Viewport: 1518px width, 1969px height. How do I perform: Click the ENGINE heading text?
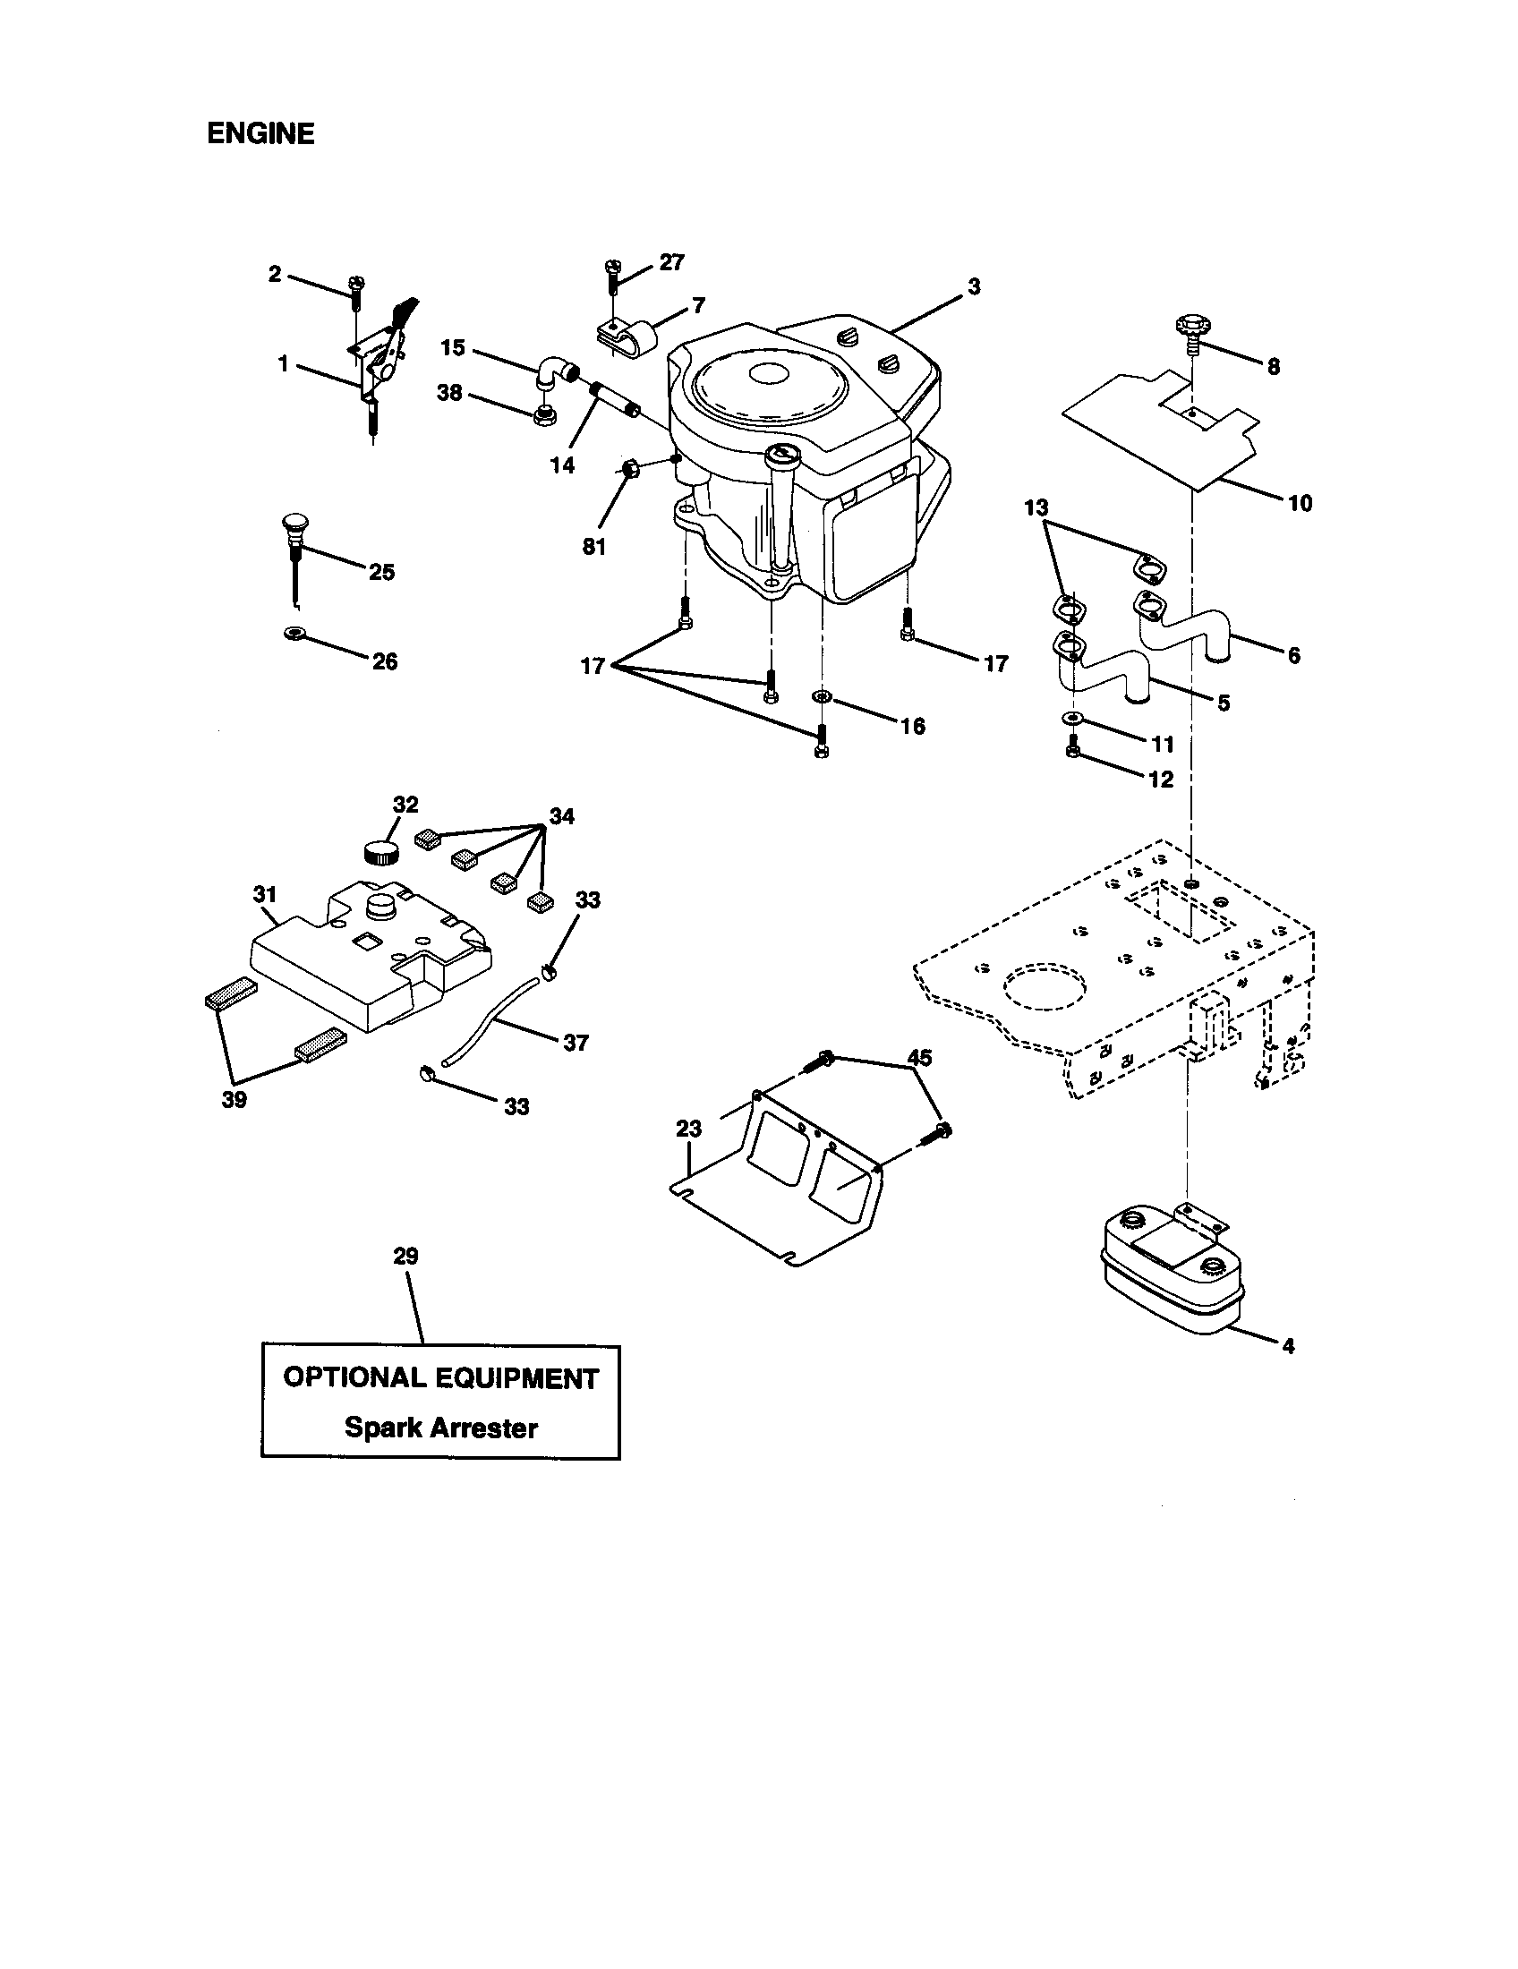(x=260, y=133)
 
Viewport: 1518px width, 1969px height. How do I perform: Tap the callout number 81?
(x=594, y=546)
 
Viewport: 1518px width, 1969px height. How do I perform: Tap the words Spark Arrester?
(x=440, y=1428)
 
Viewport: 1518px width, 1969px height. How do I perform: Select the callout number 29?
(x=405, y=1256)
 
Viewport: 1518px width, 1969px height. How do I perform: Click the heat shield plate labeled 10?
(x=1163, y=433)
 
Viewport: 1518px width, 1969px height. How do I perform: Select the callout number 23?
(x=688, y=1128)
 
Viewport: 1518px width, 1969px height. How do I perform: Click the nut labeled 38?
(x=543, y=415)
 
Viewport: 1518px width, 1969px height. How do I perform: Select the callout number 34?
(x=561, y=816)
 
